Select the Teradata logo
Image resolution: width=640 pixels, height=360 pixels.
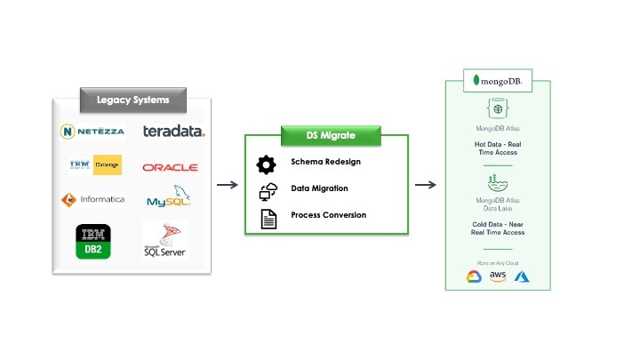(174, 132)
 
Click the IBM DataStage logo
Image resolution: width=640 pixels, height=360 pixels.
(94, 165)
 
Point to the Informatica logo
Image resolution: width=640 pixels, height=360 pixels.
(92, 199)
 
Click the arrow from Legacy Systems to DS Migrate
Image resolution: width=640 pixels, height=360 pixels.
(228, 185)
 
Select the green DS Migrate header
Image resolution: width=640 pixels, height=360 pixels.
(331, 135)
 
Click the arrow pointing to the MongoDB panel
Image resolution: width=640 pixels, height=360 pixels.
(426, 185)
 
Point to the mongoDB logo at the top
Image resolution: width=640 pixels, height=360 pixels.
(498, 80)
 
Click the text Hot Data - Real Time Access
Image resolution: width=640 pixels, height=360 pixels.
(498, 148)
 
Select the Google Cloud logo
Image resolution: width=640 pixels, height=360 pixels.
(474, 276)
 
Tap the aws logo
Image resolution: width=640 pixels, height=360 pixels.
(498, 277)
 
